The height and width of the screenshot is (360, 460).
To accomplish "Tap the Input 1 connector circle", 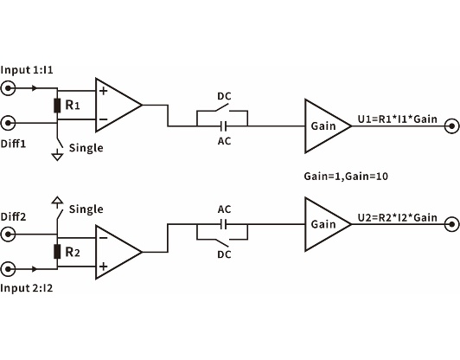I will point(10,88).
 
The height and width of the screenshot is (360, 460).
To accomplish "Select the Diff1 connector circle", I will point(10,123).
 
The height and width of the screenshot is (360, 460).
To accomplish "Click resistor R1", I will point(57,106).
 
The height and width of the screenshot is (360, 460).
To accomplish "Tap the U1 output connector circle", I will point(450,126).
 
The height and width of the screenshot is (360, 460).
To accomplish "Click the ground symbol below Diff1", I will point(57,155).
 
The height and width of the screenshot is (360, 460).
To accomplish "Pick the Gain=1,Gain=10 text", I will point(345,176).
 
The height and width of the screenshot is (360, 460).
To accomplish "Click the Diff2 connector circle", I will point(10,235).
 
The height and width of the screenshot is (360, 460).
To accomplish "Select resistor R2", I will point(57,252).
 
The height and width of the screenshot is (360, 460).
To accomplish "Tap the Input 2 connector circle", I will point(10,269).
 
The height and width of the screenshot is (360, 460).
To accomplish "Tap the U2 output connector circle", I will point(450,225).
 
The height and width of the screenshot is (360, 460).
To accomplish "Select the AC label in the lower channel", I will point(224,209).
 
